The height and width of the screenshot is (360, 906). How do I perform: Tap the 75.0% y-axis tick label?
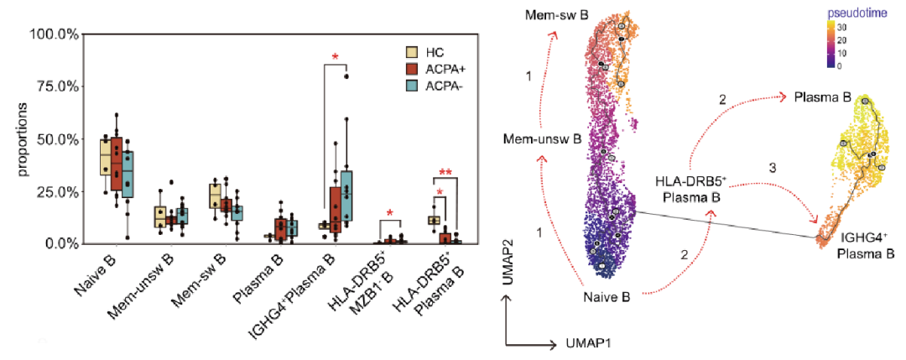pos(58,86)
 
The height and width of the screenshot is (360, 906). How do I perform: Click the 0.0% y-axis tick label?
pos(61,243)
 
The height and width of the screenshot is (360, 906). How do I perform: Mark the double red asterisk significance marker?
pos(445,174)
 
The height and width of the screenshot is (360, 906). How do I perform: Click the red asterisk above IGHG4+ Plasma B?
pos(336,58)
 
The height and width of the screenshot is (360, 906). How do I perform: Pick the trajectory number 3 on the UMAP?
pos(773,169)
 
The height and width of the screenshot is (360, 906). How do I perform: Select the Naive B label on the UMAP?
pos(610,295)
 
